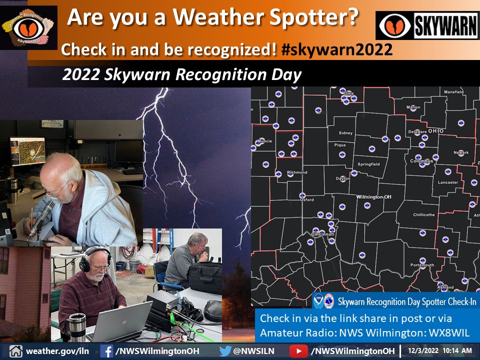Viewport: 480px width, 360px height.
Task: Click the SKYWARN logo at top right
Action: coord(427,25)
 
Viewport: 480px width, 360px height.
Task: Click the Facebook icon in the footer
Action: coord(106,351)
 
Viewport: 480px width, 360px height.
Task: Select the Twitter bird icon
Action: coord(225,351)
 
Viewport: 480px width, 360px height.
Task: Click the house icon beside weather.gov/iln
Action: coord(15,351)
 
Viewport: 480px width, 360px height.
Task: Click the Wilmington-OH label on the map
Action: coord(373,197)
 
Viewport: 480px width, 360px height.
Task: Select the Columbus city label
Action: coord(421,161)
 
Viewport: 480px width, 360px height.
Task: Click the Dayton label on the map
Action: coord(343,178)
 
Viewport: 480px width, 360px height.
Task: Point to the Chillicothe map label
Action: coord(423,214)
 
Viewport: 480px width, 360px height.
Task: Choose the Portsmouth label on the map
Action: coord(422,265)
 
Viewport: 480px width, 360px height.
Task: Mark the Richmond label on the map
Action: coord(297,172)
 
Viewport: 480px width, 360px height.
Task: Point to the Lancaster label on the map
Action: coord(447,182)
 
